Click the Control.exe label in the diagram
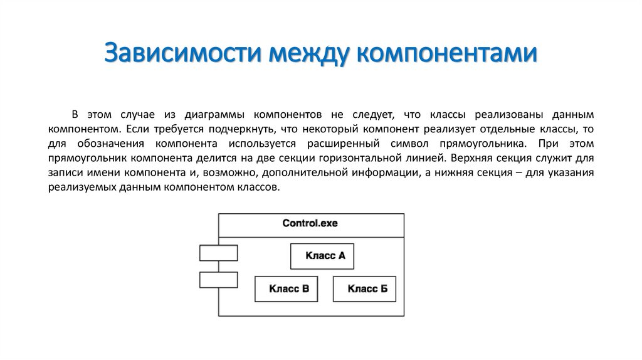click(x=310, y=223)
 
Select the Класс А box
click(x=322, y=256)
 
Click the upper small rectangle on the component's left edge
click(x=218, y=253)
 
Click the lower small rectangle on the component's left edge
click(x=218, y=279)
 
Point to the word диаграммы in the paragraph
click(x=213, y=115)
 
